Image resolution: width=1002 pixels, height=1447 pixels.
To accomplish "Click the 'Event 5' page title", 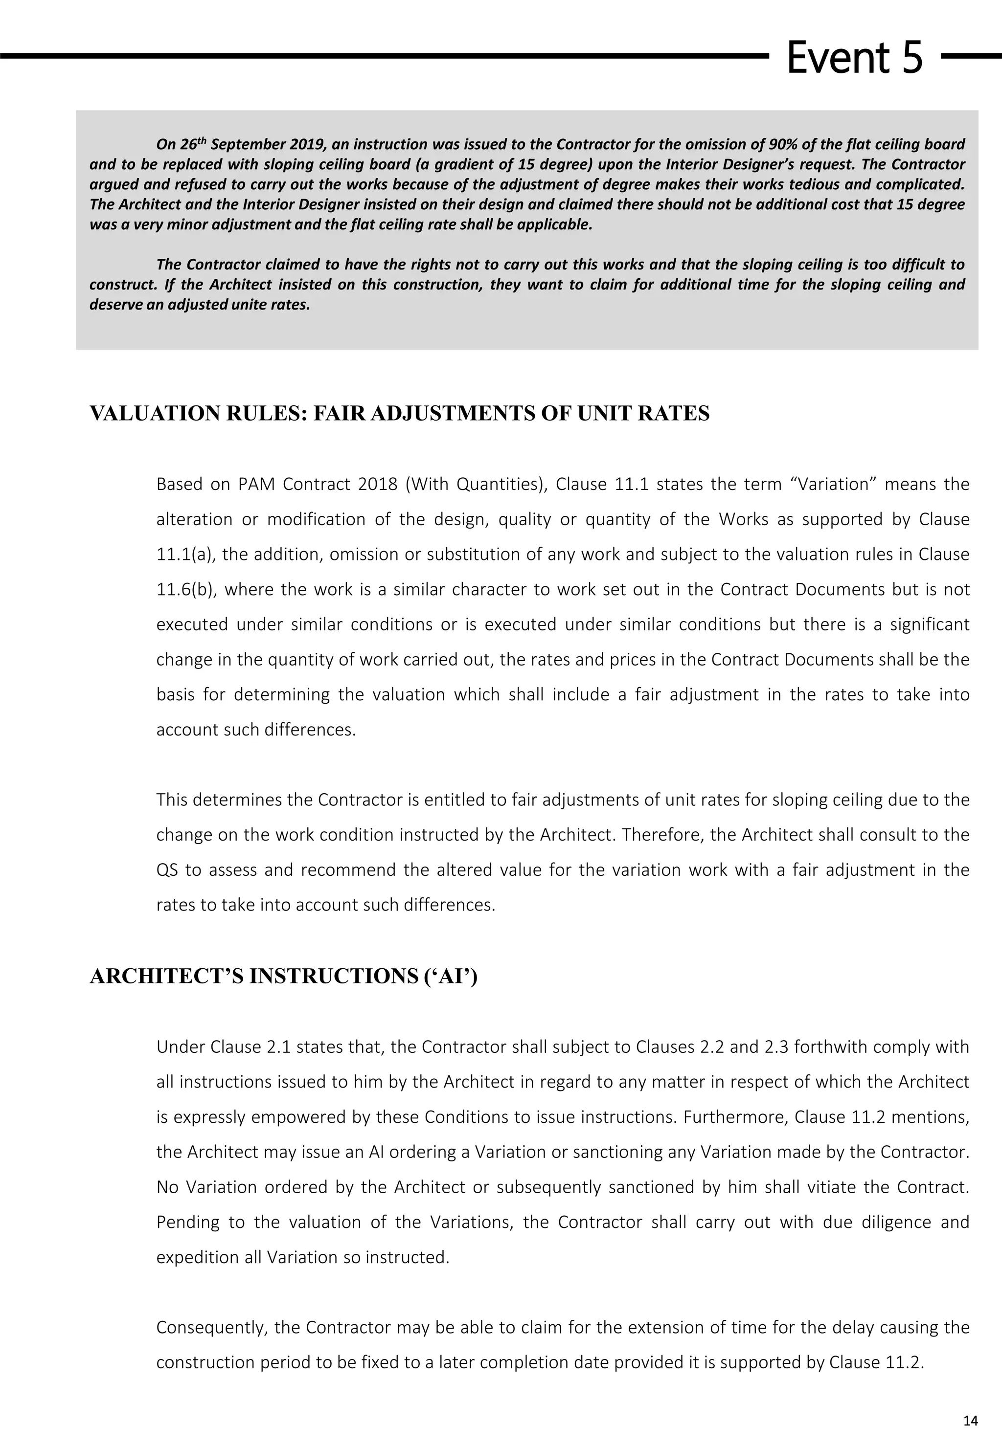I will (854, 57).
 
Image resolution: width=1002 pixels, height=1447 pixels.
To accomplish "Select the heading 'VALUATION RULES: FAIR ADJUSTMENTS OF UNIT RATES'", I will (399, 414).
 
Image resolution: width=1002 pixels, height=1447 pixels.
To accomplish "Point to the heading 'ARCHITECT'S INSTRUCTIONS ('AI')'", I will (284, 977).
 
